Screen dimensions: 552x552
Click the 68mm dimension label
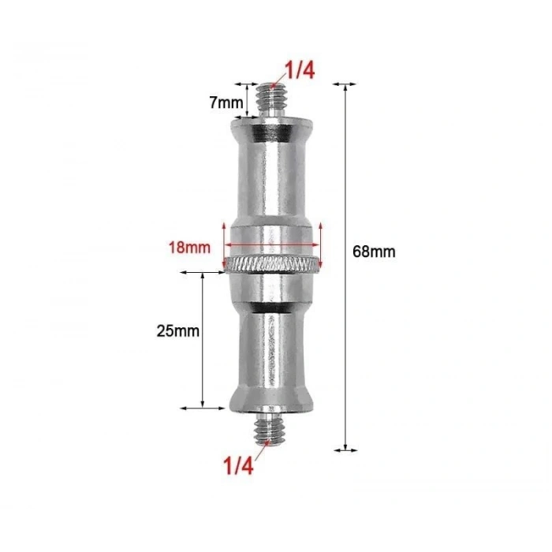click(x=374, y=252)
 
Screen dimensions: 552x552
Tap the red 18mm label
click(x=188, y=247)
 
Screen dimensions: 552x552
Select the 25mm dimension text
click(x=177, y=331)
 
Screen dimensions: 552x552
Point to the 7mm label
click(x=226, y=103)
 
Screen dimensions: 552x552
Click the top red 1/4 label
click(x=299, y=72)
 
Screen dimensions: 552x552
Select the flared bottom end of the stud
click(x=273, y=399)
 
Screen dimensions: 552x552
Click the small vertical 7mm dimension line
click(x=247, y=100)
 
